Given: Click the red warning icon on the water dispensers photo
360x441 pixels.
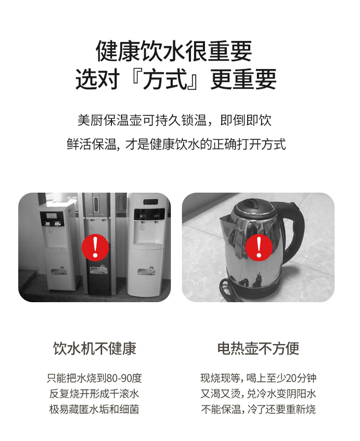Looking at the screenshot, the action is coord(95,247).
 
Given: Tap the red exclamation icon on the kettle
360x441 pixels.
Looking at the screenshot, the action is coord(259,247).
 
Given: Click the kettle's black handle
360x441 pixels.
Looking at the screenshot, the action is coord(294,228).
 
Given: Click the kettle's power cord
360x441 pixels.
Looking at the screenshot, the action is coord(233,290).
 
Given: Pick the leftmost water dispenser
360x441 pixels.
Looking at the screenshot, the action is coord(57,249).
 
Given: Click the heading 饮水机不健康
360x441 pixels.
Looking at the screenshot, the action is coord(95,348).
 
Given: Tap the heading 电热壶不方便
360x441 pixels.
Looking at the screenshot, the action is coord(258,348).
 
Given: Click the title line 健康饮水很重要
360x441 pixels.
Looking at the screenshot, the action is coord(174,51).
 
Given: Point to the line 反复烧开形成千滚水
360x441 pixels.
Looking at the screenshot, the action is coord(94,394).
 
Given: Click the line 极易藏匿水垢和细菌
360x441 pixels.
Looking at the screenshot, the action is coord(94,409).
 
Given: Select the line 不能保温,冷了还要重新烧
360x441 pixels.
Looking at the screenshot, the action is coord(259,409).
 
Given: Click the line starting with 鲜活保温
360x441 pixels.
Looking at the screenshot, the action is coord(176,144).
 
